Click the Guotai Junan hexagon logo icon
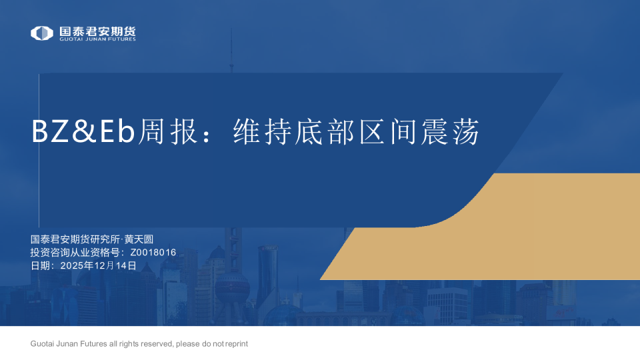point(42,33)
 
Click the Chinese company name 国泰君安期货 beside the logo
point(97,31)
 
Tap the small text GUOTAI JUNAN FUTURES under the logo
point(97,39)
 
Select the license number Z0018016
point(153,253)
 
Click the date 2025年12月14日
point(98,265)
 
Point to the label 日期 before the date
point(41,265)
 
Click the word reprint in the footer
point(237,344)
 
